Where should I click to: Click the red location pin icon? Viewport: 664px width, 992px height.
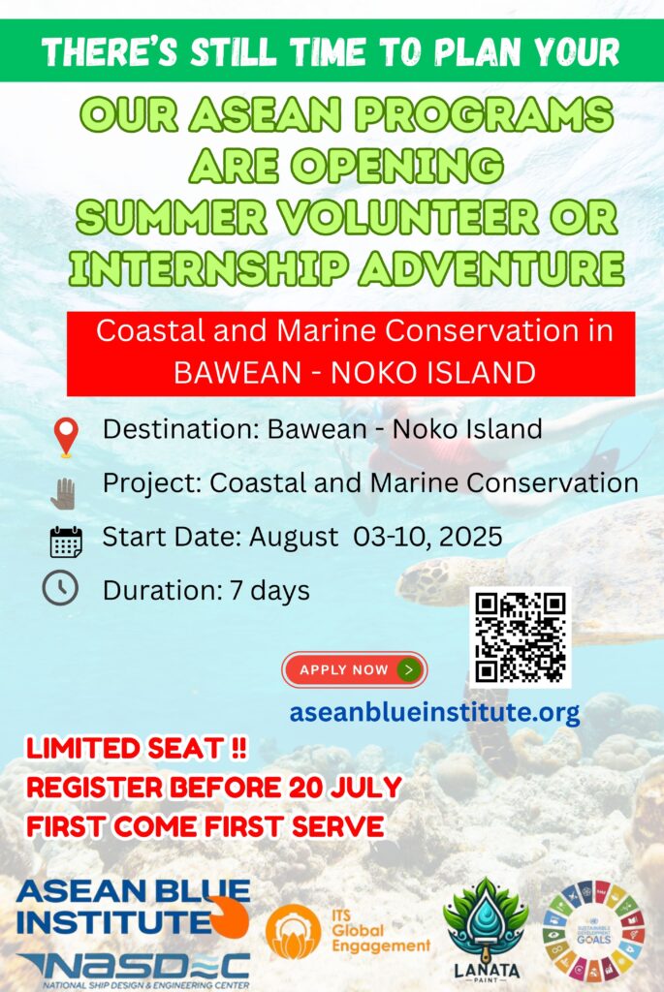[x=66, y=436]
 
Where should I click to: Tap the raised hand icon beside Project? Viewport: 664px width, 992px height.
[x=63, y=494]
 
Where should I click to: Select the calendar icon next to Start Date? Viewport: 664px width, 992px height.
[x=66, y=542]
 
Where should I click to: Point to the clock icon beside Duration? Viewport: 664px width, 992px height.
[x=60, y=588]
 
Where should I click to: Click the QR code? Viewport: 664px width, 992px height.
[x=521, y=637]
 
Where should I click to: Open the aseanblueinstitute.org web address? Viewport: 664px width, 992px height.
[x=434, y=712]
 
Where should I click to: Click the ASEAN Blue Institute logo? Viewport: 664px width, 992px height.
[x=133, y=908]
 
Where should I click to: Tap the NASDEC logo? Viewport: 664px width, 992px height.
[x=134, y=969]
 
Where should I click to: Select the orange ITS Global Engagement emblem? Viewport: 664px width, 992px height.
[x=293, y=931]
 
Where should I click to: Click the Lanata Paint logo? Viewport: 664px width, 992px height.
[x=486, y=929]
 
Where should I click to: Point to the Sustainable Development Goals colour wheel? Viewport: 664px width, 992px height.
[x=593, y=931]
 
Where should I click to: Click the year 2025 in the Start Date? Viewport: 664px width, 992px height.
[x=470, y=537]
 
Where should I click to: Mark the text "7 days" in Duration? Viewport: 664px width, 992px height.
[x=269, y=591]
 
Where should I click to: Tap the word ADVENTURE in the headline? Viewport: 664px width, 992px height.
[x=491, y=267]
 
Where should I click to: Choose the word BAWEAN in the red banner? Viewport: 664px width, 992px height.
[x=237, y=372]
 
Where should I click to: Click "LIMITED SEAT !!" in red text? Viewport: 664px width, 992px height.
[x=137, y=749]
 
